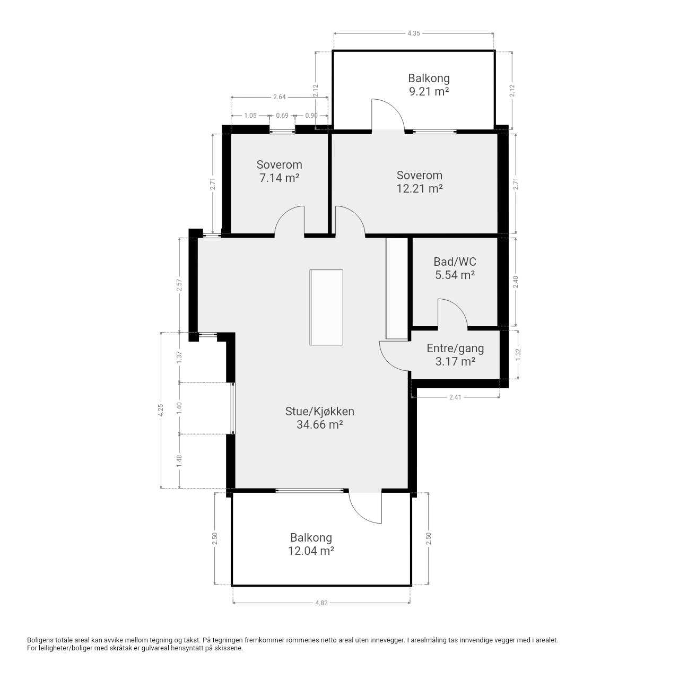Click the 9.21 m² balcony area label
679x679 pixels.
tap(429, 92)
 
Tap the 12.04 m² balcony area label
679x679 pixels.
tap(311, 551)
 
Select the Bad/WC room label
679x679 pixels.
tap(455, 262)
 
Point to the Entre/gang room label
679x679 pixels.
tap(455, 348)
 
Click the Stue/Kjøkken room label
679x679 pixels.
tap(319, 411)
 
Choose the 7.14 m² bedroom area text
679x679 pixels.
tap(279, 178)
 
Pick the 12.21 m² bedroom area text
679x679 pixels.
tap(419, 188)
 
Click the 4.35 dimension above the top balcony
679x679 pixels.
tap(414, 33)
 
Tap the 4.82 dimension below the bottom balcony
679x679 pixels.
tap(321, 603)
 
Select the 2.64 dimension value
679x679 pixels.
tap(280, 97)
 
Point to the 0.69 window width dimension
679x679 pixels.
tap(282, 116)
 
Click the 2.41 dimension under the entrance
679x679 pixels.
tap(455, 397)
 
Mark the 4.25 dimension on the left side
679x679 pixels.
tap(161, 410)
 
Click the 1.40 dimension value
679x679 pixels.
tap(179, 408)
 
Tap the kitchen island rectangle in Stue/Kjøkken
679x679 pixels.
tap(326, 307)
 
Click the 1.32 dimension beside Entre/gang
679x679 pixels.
tap(518, 354)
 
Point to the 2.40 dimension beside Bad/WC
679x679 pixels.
tap(516, 282)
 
